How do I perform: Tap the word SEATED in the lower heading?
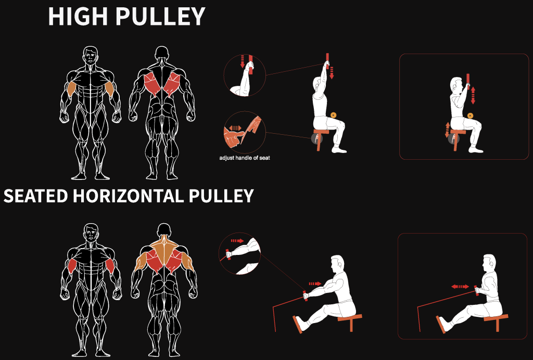[x=35, y=196]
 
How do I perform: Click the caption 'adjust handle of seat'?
[x=245, y=158]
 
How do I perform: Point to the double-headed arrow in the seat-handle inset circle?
[x=235, y=128]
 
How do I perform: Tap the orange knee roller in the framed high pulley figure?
[x=470, y=115]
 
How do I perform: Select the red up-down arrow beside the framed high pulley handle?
[x=473, y=95]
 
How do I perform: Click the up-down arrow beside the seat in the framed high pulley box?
[x=447, y=130]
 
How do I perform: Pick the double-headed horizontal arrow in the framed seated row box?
[x=460, y=287]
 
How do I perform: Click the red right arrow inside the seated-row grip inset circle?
[x=237, y=241]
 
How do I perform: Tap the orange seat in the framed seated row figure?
[x=496, y=321]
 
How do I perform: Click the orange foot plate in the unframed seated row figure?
[x=297, y=325]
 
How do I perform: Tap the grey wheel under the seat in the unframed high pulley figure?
[x=316, y=137]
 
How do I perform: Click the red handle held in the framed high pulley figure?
[x=468, y=82]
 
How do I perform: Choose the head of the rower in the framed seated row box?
[x=489, y=262]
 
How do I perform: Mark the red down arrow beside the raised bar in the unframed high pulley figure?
[x=332, y=73]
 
